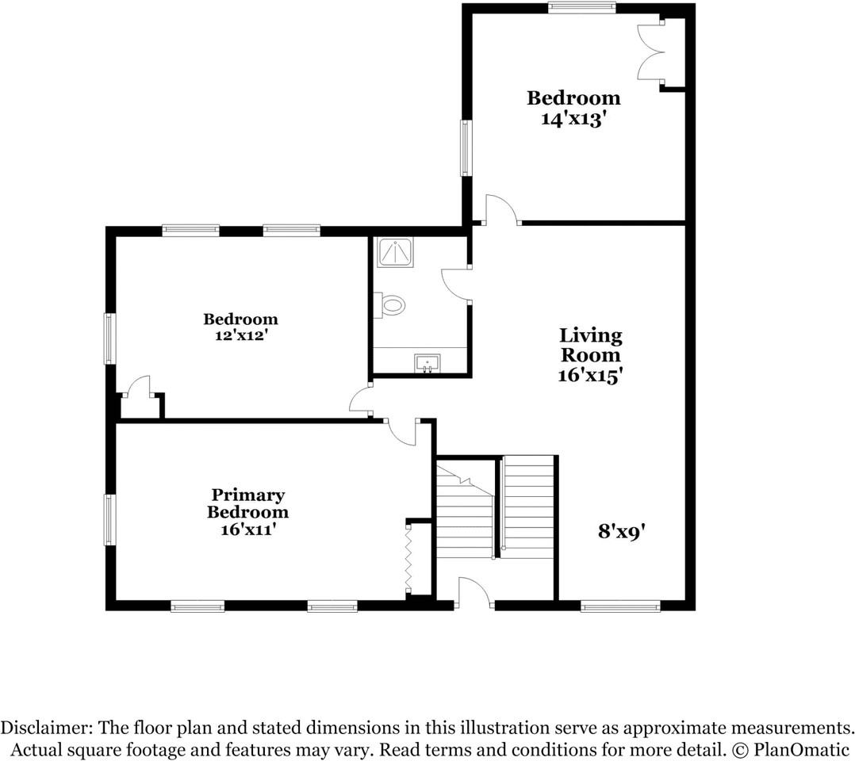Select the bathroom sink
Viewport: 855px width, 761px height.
pos(427,364)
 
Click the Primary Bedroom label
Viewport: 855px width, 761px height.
pos(247,503)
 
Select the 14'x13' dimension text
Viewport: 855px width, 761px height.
pos(574,119)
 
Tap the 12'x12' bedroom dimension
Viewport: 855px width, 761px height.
pos(240,335)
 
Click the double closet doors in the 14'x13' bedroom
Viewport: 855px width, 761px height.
pos(652,52)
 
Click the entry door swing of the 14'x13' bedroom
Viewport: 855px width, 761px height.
pos(500,209)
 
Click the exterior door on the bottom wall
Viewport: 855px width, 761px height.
pos(474,593)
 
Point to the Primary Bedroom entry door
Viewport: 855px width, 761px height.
pos(402,432)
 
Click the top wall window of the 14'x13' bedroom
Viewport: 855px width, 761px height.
pos(581,8)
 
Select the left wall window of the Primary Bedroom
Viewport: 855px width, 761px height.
pos(109,520)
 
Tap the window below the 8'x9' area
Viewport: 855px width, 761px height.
pos(620,606)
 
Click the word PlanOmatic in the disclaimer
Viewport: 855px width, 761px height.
pos(800,748)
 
